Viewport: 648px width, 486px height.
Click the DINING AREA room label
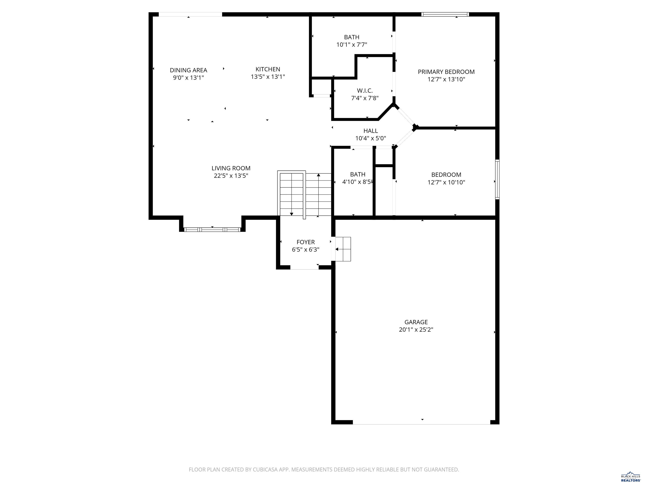(x=188, y=70)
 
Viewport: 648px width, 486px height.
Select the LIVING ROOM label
(x=231, y=168)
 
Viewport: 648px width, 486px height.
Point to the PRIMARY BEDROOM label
(x=446, y=72)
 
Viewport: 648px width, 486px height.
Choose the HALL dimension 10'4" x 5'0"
(x=371, y=138)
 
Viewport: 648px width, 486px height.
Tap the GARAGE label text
(x=416, y=322)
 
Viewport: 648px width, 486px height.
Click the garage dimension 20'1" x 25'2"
(x=416, y=329)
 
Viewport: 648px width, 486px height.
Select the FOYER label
(x=306, y=242)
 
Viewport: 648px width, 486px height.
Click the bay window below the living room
(x=212, y=229)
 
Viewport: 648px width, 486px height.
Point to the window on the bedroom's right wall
(x=497, y=179)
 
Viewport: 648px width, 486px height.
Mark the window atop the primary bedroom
(x=445, y=14)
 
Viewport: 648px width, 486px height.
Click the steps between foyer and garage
(x=343, y=249)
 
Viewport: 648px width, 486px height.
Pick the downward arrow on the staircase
(x=292, y=214)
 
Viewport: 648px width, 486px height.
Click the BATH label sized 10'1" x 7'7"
(x=352, y=37)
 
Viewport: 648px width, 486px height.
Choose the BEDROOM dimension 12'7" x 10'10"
(x=446, y=182)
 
